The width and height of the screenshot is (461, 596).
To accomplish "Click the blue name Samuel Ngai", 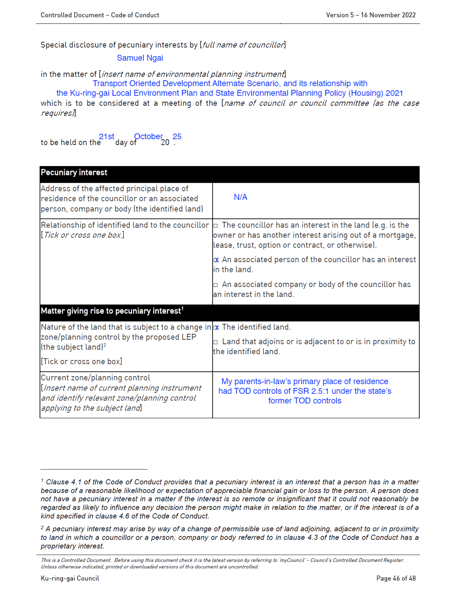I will click(x=140, y=58).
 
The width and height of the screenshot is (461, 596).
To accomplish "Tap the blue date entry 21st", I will click(x=107, y=137).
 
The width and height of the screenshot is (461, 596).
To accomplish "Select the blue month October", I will click(x=148, y=137).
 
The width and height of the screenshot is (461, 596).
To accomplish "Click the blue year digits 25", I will click(x=177, y=137).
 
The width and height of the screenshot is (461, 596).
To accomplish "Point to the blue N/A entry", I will click(x=240, y=197).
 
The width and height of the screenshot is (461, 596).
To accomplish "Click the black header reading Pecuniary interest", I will click(x=74, y=173).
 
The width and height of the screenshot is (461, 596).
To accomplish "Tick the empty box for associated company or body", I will click(x=216, y=285).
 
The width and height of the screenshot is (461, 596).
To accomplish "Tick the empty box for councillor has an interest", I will click(x=216, y=226).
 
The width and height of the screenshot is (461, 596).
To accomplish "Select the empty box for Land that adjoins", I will click(x=216, y=342).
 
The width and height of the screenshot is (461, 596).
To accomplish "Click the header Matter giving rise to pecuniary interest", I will click(x=111, y=311).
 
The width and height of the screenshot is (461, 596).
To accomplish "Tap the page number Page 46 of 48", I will click(x=396, y=578).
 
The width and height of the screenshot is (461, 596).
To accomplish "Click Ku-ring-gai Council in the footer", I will click(x=70, y=578).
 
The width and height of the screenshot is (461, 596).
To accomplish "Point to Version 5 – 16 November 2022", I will click(x=371, y=15).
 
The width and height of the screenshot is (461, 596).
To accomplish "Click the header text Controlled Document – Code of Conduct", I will click(x=100, y=15).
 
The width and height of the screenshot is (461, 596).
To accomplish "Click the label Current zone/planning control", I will click(x=95, y=378).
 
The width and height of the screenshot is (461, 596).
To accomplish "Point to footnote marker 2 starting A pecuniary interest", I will click(x=42, y=528).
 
